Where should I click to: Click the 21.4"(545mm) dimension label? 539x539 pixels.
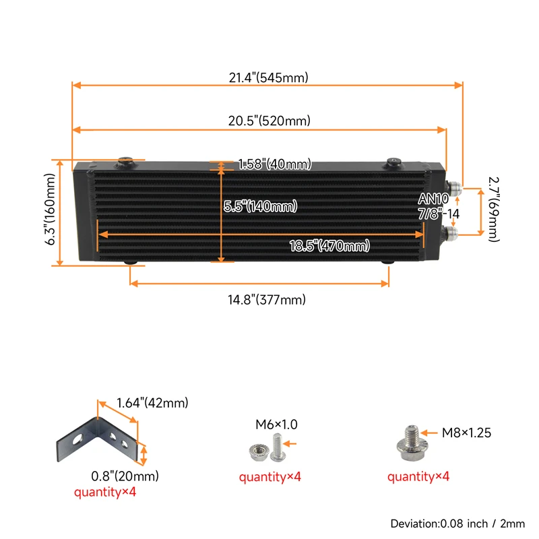click(268, 77)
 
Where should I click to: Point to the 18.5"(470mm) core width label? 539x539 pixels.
click(330, 246)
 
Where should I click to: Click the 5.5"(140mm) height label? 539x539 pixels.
click(260, 207)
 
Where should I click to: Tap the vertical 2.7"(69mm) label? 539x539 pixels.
click(493, 209)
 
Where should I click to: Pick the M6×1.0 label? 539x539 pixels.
click(276, 424)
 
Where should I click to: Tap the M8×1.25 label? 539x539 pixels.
click(466, 433)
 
